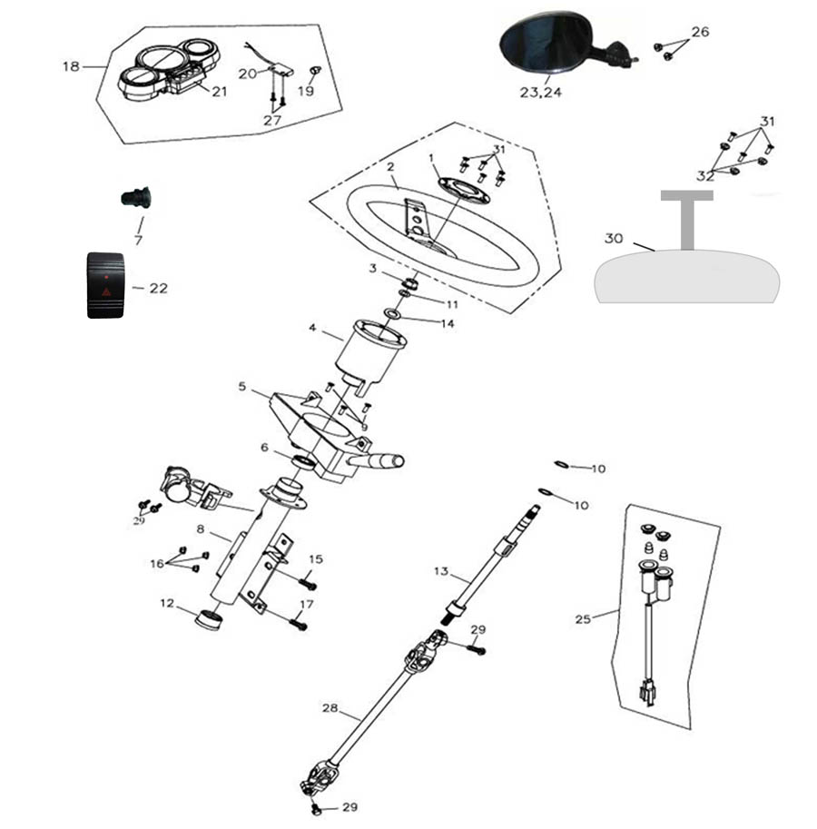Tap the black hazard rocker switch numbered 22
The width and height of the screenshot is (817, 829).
click(106, 285)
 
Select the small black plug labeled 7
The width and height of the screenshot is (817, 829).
click(136, 196)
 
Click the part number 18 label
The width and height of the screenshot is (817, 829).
click(71, 66)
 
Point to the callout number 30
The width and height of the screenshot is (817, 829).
click(614, 239)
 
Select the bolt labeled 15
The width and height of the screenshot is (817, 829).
click(305, 576)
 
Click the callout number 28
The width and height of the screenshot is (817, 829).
click(330, 706)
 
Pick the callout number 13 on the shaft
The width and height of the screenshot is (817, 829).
click(441, 571)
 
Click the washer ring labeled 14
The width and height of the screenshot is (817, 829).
click(393, 314)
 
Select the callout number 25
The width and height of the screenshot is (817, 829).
click(583, 619)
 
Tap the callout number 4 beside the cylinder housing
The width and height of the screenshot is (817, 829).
click(312, 328)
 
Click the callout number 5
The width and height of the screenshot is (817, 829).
click(242, 387)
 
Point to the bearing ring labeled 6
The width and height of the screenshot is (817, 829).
click(305, 462)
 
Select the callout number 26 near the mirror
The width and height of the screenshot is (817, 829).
click(699, 32)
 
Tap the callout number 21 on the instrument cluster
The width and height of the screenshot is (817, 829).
click(220, 90)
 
